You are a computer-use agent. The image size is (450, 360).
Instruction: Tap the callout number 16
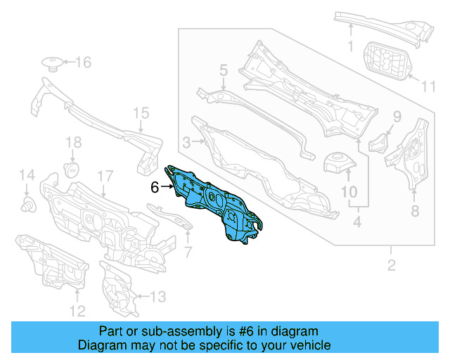click(x=83, y=63)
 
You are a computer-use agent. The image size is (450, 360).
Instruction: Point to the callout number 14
click(x=26, y=175)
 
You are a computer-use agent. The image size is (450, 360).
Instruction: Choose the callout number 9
click(x=397, y=117)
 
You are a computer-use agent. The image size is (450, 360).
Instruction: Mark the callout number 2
click(x=391, y=265)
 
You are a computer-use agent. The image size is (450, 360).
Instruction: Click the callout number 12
click(x=77, y=311)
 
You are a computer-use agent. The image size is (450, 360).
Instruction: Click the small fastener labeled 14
click(x=27, y=205)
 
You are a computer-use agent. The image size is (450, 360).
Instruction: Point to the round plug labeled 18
click(x=70, y=170)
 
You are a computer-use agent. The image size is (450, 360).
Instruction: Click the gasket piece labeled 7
click(x=171, y=217)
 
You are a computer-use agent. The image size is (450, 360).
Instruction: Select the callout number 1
click(x=350, y=46)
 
